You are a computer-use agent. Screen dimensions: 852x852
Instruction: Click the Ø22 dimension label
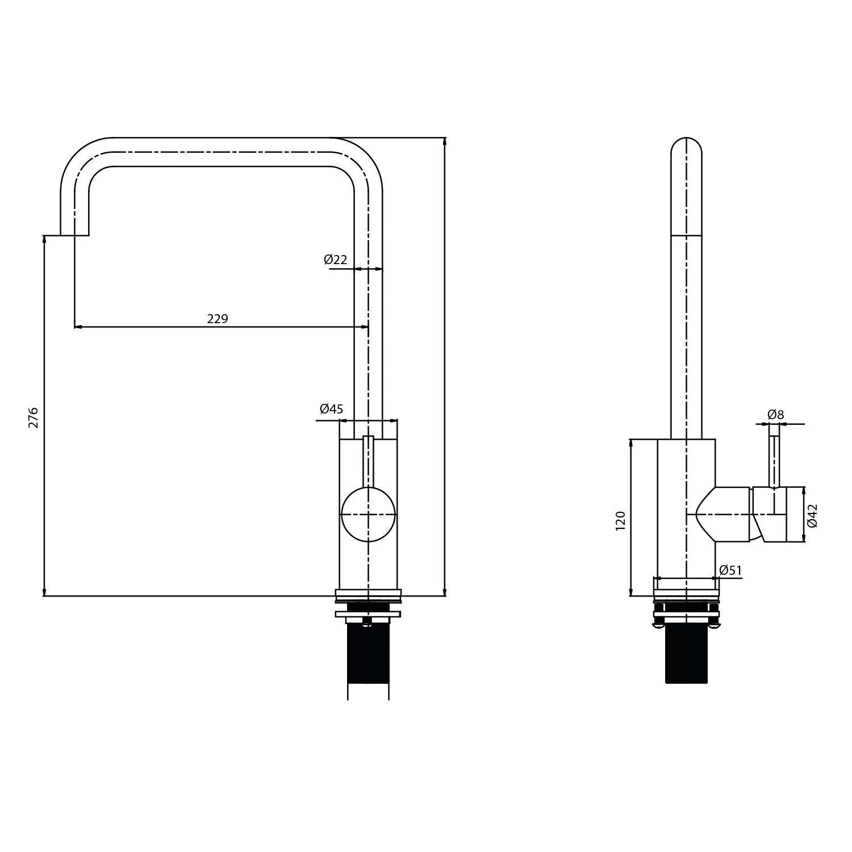coord(335,260)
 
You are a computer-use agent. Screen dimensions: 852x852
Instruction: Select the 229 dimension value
coord(218,319)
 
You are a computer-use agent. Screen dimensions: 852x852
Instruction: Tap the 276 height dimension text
coord(34,417)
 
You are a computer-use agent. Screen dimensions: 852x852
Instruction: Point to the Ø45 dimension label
coord(331,409)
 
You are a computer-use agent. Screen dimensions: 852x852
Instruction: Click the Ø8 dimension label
coord(775,415)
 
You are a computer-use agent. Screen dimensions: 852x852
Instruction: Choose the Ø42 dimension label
coord(813,515)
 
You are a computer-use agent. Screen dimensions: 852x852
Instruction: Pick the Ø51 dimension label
coord(730,570)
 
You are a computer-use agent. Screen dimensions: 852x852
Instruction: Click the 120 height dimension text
coord(620,520)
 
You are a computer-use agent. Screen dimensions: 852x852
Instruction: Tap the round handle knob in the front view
coord(368,514)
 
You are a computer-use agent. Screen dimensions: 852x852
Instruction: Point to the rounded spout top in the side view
coord(686,145)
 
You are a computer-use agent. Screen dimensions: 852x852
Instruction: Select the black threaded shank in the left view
coord(368,653)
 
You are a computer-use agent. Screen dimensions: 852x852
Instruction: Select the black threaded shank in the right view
coord(686,653)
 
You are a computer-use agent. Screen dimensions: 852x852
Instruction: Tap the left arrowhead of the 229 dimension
coord(78,327)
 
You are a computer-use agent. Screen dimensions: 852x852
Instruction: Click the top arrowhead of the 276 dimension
coord(44,239)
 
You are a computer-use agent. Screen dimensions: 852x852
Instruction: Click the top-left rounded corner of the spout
coord(80,156)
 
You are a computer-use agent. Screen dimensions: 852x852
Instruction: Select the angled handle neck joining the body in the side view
coord(707,514)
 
